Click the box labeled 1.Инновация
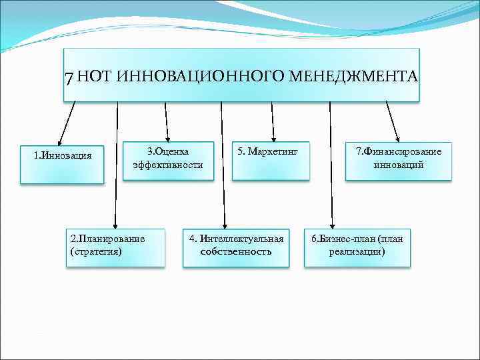coord(62,163)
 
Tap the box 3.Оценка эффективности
coord(167,160)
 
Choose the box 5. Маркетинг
coord(271,160)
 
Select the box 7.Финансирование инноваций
coord(398,160)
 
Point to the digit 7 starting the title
coord(69,77)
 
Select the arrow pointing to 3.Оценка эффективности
coord(166,120)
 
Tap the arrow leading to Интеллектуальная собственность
coord(222,167)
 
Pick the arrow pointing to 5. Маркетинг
coord(272,120)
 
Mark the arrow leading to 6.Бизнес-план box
coord(331,167)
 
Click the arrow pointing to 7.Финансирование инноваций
coord(393,120)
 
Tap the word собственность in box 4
coord(236,252)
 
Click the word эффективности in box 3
coord(168,165)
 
